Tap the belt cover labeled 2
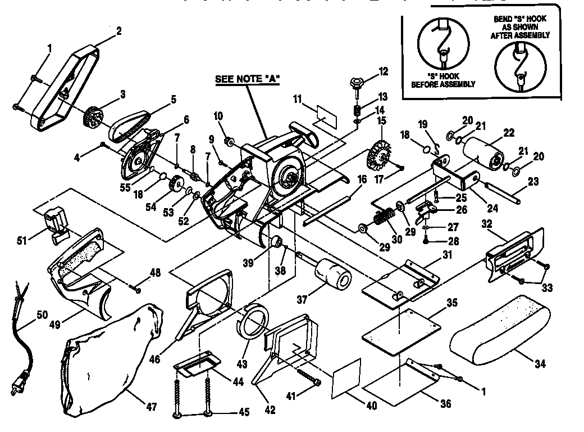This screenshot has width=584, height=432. (x=67, y=84)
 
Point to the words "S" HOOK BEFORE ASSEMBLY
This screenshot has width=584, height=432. (x=443, y=80)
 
